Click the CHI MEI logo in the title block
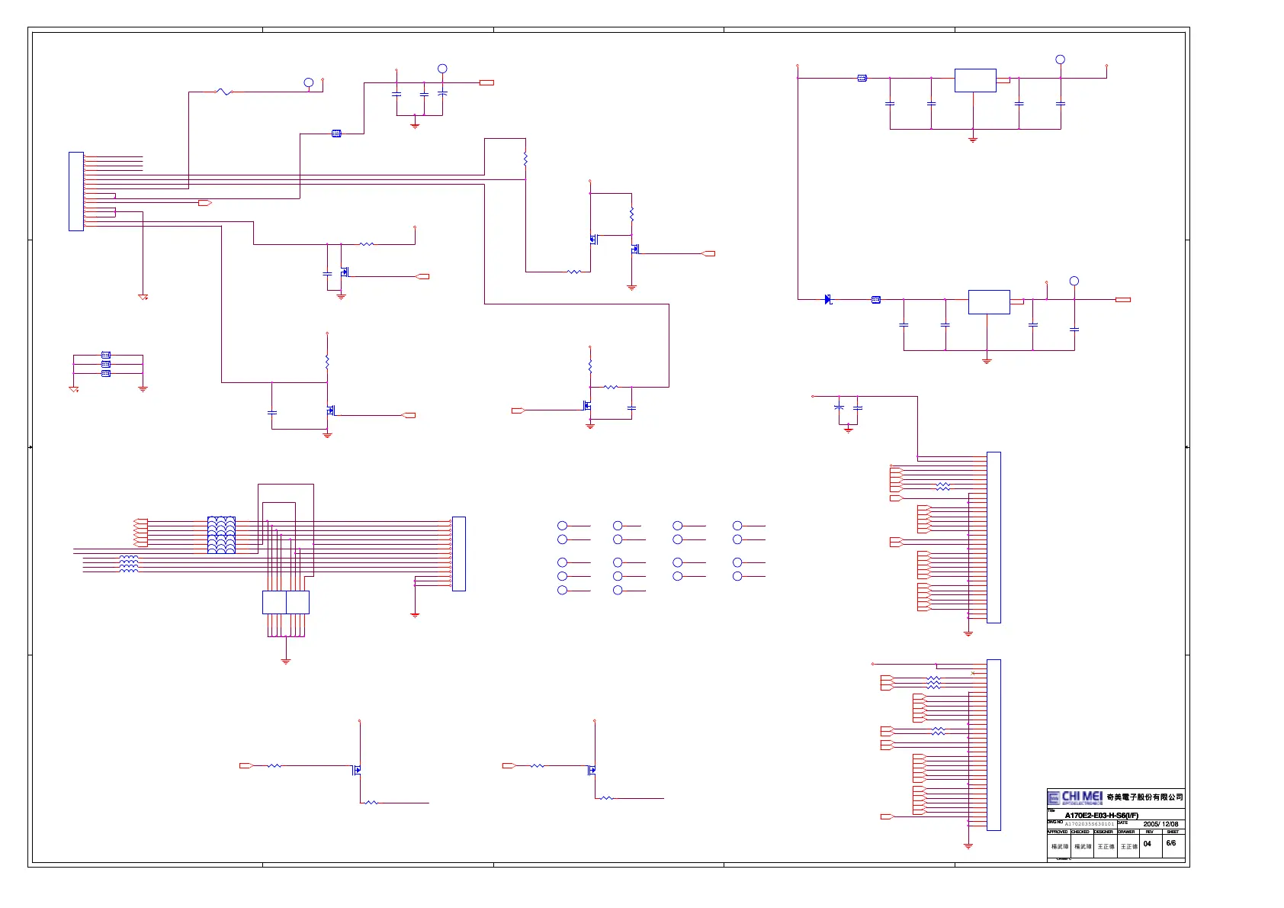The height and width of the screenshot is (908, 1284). click(1075, 797)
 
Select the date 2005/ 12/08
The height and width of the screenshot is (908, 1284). click(1160, 824)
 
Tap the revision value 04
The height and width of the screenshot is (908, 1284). click(1148, 844)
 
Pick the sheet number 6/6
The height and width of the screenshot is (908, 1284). click(1171, 843)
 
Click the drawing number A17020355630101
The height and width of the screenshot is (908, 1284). click(1090, 824)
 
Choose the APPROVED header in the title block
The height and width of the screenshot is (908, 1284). click(1058, 832)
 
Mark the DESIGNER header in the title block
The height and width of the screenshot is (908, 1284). click(1103, 832)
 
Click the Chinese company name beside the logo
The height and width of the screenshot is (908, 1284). click(1144, 797)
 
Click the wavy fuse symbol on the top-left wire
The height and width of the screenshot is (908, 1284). click(223, 92)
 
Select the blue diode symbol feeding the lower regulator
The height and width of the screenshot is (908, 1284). click(828, 300)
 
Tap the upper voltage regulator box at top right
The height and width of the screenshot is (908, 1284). click(975, 80)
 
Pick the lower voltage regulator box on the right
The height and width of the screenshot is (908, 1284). click(989, 302)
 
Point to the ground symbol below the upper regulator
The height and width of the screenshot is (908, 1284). click(973, 140)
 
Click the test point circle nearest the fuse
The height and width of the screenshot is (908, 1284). click(309, 82)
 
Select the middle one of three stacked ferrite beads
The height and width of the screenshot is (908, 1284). click(106, 364)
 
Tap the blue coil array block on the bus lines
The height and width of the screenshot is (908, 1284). click(221, 535)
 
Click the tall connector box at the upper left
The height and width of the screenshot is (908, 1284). click(76, 191)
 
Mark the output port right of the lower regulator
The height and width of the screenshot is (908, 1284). click(1122, 300)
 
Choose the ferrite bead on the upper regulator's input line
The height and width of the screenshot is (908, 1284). click(862, 78)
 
